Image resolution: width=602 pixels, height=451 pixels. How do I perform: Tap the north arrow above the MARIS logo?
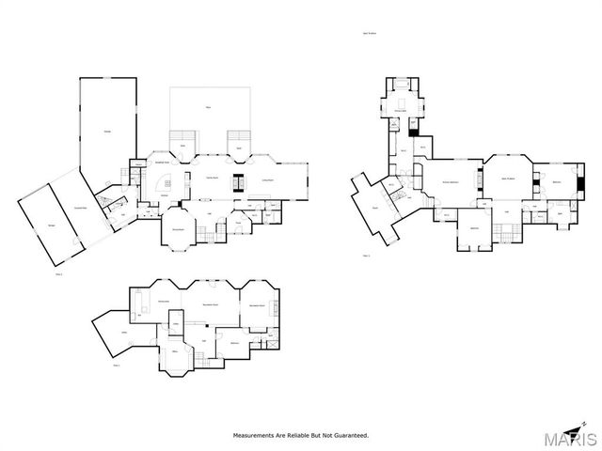589,426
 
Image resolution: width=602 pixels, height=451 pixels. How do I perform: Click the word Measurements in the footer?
257,435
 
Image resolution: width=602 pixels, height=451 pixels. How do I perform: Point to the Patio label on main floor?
211,109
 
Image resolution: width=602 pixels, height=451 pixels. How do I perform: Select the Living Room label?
267,179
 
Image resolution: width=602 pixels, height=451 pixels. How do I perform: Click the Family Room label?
211,178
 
